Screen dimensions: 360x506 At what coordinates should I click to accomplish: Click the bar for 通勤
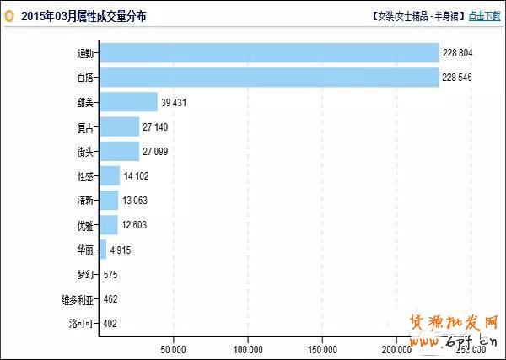pos(268,53)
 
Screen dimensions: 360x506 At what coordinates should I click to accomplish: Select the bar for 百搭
pos(268,78)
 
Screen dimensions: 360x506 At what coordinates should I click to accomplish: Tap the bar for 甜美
pos(128,102)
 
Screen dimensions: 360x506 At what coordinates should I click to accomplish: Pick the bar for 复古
pos(119,126)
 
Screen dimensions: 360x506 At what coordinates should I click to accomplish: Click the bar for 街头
pos(119,151)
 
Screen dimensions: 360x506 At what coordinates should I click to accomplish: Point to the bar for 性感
pos(110,175)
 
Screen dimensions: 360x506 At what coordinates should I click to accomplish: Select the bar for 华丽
pos(103,250)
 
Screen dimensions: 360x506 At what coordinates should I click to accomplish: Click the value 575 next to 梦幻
pos(111,274)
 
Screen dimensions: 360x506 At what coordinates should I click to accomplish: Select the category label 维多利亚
pos(78,298)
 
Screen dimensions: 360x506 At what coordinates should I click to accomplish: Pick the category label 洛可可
pos(83,323)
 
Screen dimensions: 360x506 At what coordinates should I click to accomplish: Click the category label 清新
pos(86,201)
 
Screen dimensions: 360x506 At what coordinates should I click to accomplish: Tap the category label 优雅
pos(86,225)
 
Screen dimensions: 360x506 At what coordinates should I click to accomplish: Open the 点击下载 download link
pos(483,16)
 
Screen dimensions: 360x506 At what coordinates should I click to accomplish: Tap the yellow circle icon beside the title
pos(9,16)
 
